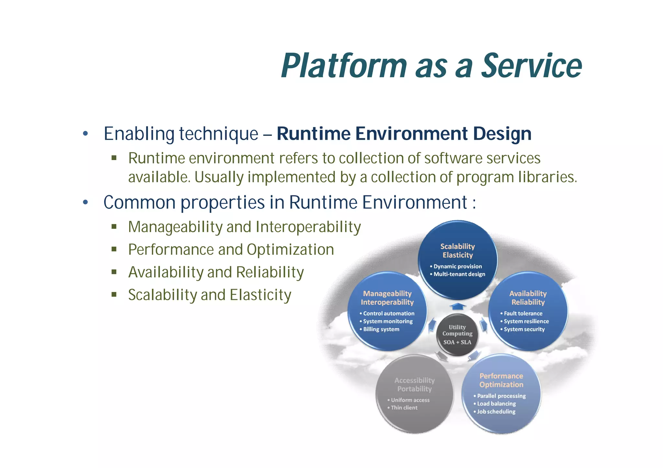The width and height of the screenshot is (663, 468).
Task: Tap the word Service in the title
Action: [532, 66]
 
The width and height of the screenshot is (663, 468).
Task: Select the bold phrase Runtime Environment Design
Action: [404, 134]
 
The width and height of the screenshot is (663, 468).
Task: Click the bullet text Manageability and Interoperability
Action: [244, 227]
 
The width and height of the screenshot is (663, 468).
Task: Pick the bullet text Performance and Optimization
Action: [231, 249]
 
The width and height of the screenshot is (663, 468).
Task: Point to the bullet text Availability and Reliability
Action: [216, 272]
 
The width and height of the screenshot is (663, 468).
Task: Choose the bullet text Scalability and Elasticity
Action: [209, 295]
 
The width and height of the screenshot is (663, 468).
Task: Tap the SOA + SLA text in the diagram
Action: [457, 342]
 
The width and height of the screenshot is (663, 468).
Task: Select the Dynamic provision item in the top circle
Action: [457, 267]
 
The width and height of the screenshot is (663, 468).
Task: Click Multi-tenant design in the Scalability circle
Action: [459, 274]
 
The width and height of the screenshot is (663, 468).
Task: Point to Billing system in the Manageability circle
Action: [381, 329]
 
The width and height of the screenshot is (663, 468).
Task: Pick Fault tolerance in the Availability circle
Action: [523, 313]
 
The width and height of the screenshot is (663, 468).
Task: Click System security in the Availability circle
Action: [524, 329]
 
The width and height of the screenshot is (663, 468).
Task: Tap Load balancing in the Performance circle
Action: [496, 404]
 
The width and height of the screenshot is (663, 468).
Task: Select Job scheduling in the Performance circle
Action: [496, 412]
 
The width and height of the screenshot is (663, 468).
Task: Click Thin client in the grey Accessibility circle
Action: [404, 408]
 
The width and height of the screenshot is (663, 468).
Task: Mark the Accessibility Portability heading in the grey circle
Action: [414, 385]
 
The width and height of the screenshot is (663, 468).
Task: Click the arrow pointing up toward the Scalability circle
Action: [457, 306]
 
